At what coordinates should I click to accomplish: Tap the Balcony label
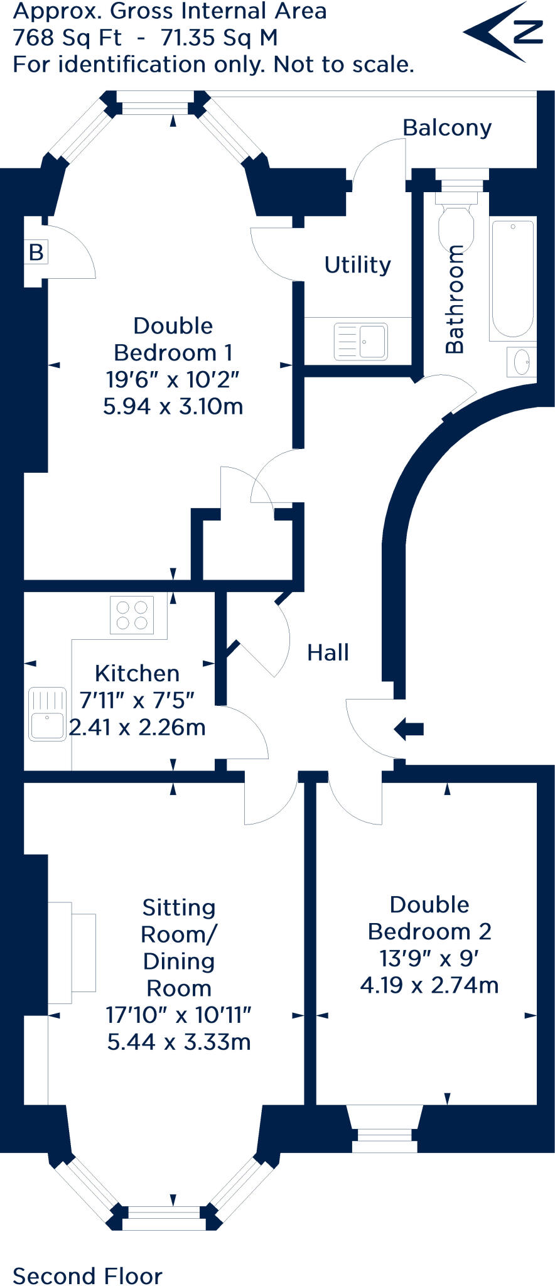pyautogui.click(x=446, y=127)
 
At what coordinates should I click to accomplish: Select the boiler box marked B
pyautogui.click(x=36, y=252)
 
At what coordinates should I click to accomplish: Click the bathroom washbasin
pyautogui.click(x=522, y=362)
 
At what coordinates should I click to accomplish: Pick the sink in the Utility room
pyautogui.click(x=360, y=341)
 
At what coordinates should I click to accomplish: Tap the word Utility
pyautogui.click(x=357, y=265)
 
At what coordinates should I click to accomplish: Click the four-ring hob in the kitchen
pyautogui.click(x=132, y=615)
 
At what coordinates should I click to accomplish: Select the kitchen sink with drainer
pyautogui.click(x=47, y=714)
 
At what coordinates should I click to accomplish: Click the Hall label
pyautogui.click(x=328, y=652)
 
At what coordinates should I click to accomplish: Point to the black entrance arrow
pyautogui.click(x=409, y=729)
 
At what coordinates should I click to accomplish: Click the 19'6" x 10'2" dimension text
pyautogui.click(x=173, y=379)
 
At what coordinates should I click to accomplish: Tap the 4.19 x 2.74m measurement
pyautogui.click(x=429, y=985)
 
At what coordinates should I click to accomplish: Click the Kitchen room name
pyautogui.click(x=137, y=673)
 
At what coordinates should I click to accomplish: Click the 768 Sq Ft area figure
pyautogui.click(x=67, y=38)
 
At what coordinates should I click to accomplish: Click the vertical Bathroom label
pyautogui.click(x=455, y=299)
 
